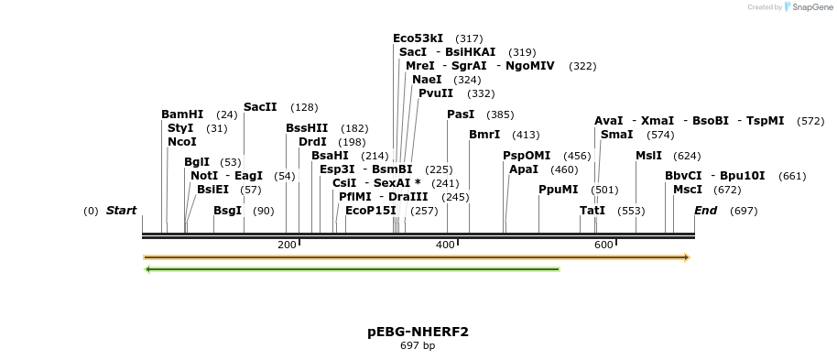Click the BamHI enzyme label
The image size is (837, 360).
(x=182, y=115)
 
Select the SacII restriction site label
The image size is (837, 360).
(x=260, y=107)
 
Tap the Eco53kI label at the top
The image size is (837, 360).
(x=418, y=38)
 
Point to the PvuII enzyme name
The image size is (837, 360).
(x=436, y=93)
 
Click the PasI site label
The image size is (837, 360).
(x=461, y=115)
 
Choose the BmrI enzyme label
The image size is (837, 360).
(x=484, y=135)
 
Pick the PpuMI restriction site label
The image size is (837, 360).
(x=559, y=190)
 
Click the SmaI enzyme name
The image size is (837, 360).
(x=616, y=135)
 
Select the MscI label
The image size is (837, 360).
(x=688, y=190)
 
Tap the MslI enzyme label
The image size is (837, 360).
(x=648, y=156)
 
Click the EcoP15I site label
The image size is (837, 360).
(x=371, y=211)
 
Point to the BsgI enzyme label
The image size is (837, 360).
(x=228, y=211)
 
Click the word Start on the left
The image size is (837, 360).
(x=121, y=211)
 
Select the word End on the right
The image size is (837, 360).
(x=705, y=211)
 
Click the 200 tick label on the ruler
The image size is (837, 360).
(x=287, y=245)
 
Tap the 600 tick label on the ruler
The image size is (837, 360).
(x=603, y=245)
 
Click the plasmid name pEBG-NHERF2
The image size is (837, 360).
(x=418, y=332)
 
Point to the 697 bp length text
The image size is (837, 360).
(x=418, y=346)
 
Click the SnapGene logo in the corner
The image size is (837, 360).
(x=806, y=7)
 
